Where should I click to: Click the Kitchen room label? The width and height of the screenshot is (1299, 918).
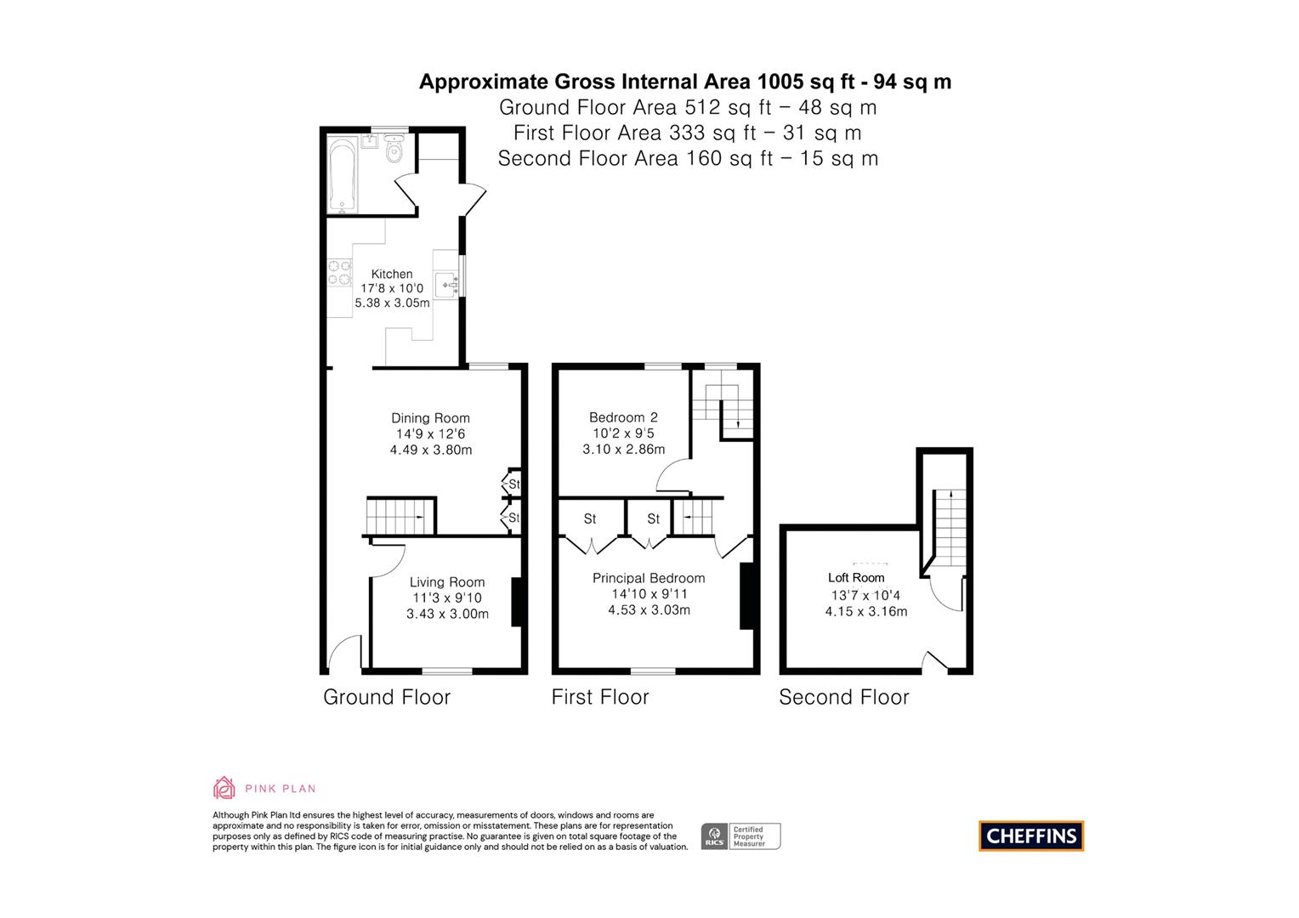coord(392,274)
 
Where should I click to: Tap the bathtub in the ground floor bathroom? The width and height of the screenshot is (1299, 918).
coord(343,177)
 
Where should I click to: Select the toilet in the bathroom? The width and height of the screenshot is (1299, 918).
coord(394,151)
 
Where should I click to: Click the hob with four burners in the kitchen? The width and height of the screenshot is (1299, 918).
coord(339,272)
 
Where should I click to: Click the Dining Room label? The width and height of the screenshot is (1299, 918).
coord(430,417)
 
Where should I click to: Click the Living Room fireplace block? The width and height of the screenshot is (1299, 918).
coord(515,602)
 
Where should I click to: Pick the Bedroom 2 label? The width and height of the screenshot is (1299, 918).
coord(623,417)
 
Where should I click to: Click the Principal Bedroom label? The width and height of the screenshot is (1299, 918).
coord(649,578)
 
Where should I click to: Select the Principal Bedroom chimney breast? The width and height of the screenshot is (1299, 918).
coord(746,596)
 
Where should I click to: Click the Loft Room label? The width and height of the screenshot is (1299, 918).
coord(856,578)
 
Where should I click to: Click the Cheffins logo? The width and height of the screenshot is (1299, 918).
coord(1031,836)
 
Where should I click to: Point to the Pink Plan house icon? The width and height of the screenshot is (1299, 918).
coord(224,787)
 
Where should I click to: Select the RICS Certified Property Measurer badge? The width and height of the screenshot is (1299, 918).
coord(740,836)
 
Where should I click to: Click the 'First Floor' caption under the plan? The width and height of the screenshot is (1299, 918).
coord(600,697)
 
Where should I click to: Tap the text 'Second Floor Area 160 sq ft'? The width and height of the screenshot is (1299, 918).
coord(635,158)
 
